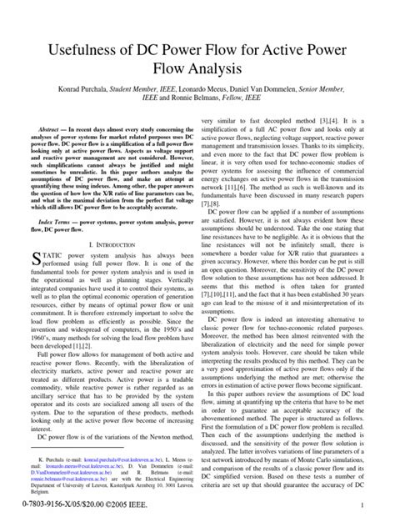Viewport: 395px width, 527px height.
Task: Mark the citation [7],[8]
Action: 218,203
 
